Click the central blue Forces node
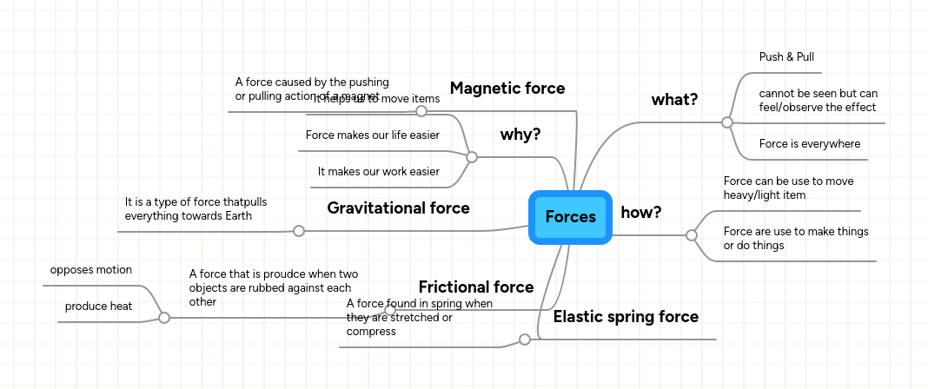570,217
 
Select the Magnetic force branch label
507,89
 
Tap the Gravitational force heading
398,208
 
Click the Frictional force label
476,287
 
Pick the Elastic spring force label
626,317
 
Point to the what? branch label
674,100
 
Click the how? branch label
641,213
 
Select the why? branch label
520,135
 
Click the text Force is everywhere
810,144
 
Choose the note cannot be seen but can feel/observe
818,101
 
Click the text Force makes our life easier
372,135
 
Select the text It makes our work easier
378,172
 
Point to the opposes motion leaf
91,270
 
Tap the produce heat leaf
98,307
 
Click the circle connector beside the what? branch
727,122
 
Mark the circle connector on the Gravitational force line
299,231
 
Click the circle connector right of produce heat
163,319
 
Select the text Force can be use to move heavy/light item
788,188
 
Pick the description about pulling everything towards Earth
196,208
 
